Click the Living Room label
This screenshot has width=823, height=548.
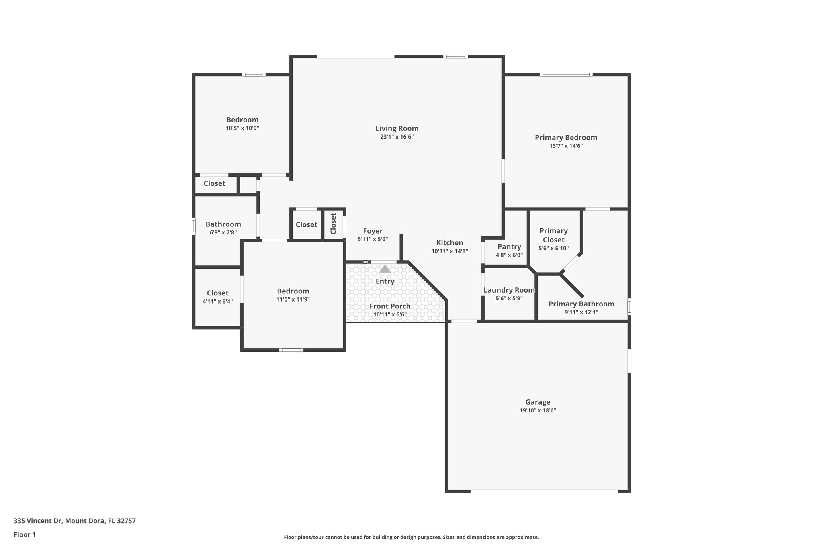(x=397, y=128)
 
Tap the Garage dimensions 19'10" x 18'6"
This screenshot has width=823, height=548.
(x=538, y=410)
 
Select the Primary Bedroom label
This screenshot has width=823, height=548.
(x=566, y=138)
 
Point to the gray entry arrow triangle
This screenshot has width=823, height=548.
(x=385, y=269)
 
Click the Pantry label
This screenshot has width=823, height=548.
(x=509, y=247)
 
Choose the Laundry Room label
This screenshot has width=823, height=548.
(x=509, y=290)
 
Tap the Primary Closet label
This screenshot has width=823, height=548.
(x=553, y=235)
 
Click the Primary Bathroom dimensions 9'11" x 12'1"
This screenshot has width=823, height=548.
(x=581, y=312)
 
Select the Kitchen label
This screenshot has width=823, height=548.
(x=450, y=243)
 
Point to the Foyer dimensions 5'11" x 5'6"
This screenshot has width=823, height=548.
(x=373, y=239)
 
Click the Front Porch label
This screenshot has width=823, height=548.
(x=390, y=306)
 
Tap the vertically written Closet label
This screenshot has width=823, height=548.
(x=333, y=224)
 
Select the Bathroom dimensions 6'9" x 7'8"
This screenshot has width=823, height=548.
(x=223, y=232)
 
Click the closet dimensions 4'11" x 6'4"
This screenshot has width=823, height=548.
(x=217, y=302)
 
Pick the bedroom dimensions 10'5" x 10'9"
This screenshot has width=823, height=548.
(x=242, y=128)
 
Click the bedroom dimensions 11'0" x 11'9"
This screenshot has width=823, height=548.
(x=293, y=299)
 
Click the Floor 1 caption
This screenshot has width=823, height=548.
(x=25, y=534)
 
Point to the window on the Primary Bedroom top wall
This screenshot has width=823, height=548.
(x=566, y=74)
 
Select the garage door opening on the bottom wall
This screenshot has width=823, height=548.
(x=544, y=491)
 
